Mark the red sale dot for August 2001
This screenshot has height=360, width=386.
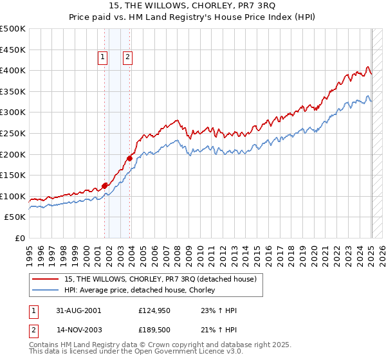104,186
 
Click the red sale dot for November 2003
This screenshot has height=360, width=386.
129,157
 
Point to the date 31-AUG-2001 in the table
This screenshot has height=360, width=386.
78,310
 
